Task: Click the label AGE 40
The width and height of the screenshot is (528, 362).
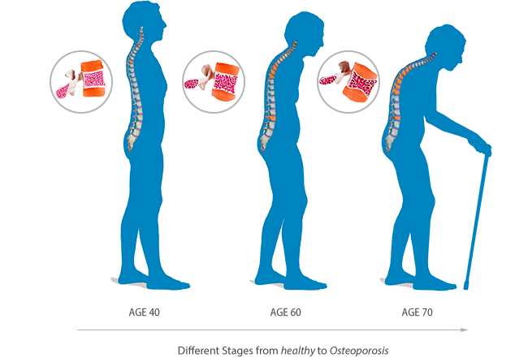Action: tap(144, 312)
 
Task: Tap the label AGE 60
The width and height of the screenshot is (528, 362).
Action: tap(286, 312)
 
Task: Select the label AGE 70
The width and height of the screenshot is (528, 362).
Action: tap(418, 312)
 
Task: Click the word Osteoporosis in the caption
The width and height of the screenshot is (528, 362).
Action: tap(359, 351)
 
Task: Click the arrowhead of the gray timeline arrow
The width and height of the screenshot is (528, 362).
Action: tap(465, 330)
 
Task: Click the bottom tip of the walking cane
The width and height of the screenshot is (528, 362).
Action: tap(466, 287)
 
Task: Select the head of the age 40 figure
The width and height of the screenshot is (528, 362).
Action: tap(143, 21)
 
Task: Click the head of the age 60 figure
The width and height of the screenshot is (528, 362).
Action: tap(304, 33)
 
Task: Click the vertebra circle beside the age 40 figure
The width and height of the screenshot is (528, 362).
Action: tap(81, 82)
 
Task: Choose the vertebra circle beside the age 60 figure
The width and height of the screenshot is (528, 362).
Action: tap(214, 82)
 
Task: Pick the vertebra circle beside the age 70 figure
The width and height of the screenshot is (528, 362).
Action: tap(348, 82)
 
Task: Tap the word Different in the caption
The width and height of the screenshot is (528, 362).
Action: tap(198, 351)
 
